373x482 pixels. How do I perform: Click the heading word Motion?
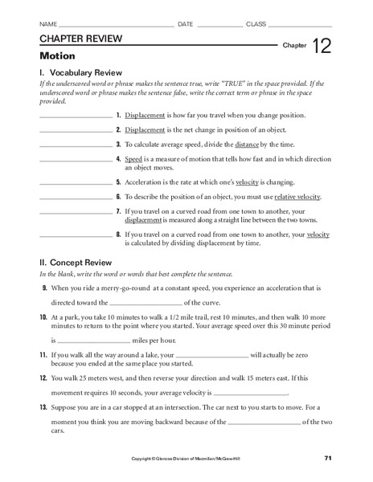pyautogui.click(x=56, y=57)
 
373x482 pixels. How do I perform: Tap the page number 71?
pyautogui.click(x=328, y=457)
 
